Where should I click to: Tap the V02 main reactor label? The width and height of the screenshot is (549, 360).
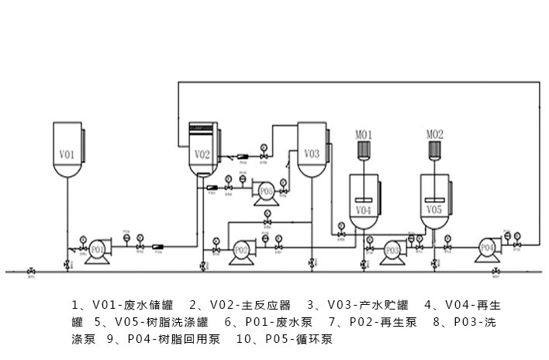pyautogui.click(x=202, y=154)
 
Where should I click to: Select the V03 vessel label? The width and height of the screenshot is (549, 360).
pyautogui.click(x=311, y=154)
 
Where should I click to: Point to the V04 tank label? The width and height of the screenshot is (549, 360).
pyautogui.click(x=363, y=210)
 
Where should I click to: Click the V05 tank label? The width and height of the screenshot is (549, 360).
pyautogui.click(x=434, y=209)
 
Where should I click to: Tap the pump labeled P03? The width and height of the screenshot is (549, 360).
pyautogui.click(x=392, y=250)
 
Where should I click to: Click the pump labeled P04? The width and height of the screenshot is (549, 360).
pyautogui.click(x=487, y=247)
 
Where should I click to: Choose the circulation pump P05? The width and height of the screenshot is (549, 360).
pyautogui.click(x=266, y=191)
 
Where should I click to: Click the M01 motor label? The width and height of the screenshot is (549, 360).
pyautogui.click(x=364, y=134)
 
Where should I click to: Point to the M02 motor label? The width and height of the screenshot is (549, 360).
pyautogui.click(x=435, y=134)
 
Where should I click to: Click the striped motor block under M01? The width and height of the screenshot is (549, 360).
pyautogui.click(x=364, y=148)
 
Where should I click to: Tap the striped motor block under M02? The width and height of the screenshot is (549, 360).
pyautogui.click(x=435, y=148)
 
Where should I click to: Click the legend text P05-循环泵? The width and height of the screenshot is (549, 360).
pyautogui.click(x=299, y=339)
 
